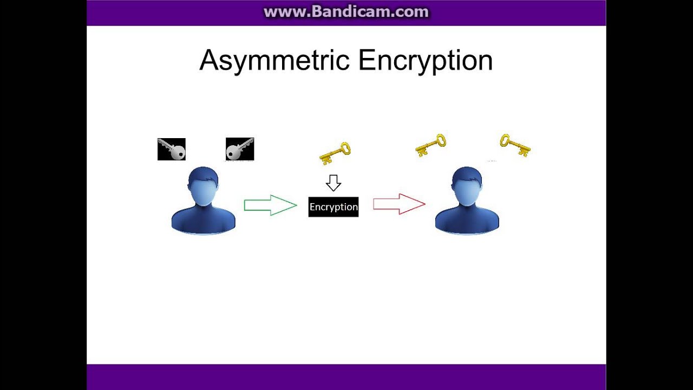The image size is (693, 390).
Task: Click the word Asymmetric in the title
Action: coord(274,61)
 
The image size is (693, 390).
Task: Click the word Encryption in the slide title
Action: coord(426,61)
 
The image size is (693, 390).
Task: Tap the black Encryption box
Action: coord(334,207)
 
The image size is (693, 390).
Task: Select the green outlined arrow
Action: coord(271,205)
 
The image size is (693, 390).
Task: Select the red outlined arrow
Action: coord(400,204)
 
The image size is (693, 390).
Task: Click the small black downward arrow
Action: coord(334,183)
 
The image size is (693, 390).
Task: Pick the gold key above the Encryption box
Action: coord(335,153)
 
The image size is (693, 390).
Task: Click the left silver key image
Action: coord(172,149)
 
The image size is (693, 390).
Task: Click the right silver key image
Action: coord(240,149)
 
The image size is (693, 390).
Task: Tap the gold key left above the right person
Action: coord(430,145)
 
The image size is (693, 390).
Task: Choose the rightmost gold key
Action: coord(515,145)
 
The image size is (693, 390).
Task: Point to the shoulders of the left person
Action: coord(203,219)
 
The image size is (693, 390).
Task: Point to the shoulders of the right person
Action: coord(467,219)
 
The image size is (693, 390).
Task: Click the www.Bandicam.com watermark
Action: coord(346,12)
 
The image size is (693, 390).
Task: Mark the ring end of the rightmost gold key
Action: coord(505,140)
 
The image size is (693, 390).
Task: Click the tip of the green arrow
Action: coord(297,205)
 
